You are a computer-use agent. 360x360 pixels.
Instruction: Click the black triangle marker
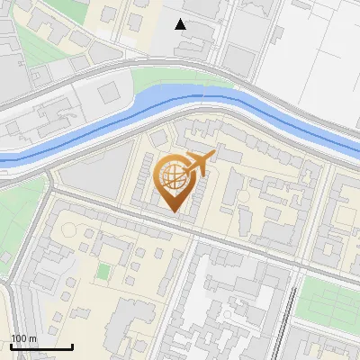coord(181,24)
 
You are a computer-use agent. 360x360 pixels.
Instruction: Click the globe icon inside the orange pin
coord(172,176)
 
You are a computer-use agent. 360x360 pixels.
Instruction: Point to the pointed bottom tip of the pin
coord(173,212)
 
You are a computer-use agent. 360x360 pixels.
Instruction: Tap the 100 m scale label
coord(23,338)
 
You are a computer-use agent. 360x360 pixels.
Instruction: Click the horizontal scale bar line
coord(41,346)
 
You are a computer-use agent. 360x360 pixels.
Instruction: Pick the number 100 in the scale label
coord(19,338)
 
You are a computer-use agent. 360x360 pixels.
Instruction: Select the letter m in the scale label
coord(32,338)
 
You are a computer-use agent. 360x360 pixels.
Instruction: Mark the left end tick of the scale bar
coord(11,345)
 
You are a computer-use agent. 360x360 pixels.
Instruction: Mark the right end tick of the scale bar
coord(72,345)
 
